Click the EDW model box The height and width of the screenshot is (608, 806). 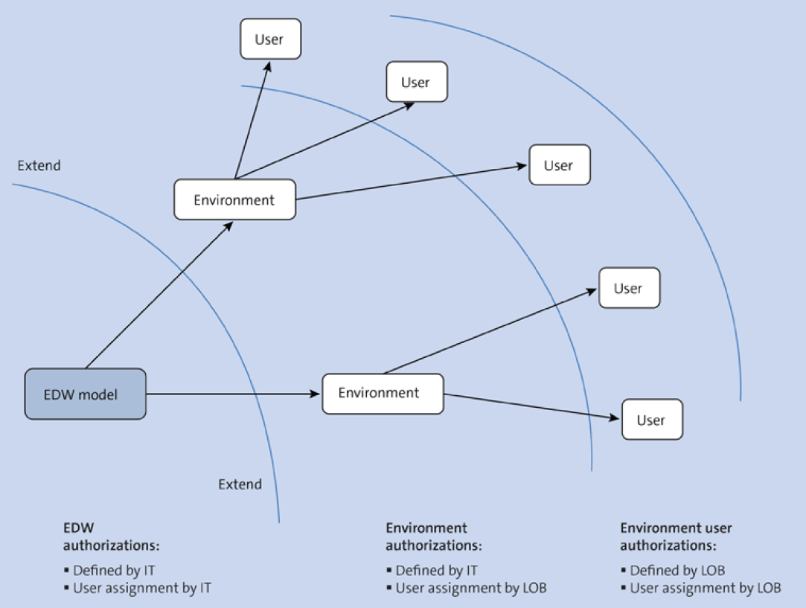(86, 394)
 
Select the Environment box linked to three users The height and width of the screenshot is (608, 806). (234, 199)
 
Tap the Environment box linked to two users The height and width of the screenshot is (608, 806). (383, 393)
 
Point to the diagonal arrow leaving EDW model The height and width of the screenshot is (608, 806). (160, 295)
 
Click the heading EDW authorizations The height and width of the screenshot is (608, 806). (111, 537)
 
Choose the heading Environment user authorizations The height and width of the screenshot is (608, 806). (676, 537)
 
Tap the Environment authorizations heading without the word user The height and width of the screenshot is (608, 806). (433, 537)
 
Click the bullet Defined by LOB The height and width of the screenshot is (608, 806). (677, 571)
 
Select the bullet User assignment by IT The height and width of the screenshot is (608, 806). (141, 588)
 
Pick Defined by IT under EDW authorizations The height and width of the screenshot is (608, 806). (114, 571)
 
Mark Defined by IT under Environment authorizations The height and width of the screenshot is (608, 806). (436, 571)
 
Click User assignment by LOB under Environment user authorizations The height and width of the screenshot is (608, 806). (705, 588)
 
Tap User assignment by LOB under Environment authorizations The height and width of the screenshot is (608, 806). (470, 588)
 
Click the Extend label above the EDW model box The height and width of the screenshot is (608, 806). (39, 165)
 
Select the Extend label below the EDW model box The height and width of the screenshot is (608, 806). (240, 484)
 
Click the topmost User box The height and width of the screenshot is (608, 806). (270, 39)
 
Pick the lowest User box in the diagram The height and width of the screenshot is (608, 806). (652, 420)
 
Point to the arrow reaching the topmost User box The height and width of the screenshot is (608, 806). (252, 119)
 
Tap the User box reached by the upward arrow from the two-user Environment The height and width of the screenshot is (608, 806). (629, 288)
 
